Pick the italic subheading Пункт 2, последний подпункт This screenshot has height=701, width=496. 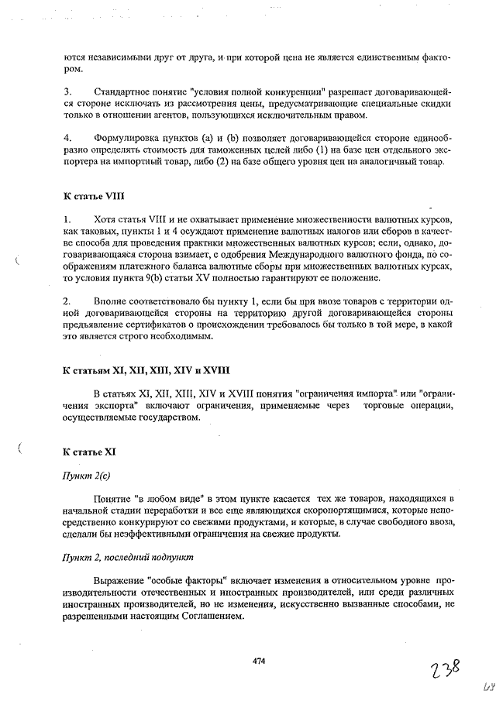[127, 556]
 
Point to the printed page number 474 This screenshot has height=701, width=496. [259, 661]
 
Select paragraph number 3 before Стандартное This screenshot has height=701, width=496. [67, 92]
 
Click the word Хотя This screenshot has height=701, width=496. [104, 220]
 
